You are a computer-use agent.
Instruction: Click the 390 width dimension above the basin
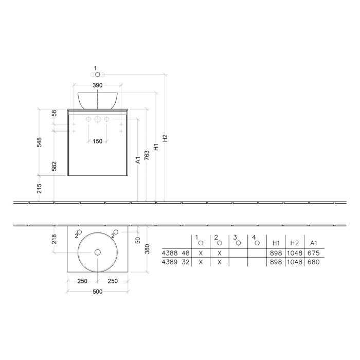click(x=98, y=85)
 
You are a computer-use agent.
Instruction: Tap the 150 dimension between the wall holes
click(x=98, y=141)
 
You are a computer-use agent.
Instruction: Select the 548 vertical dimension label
click(x=39, y=142)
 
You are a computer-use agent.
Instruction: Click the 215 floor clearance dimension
click(x=39, y=188)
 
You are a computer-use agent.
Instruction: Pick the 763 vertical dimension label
click(x=147, y=154)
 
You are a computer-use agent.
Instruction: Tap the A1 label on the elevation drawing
click(x=138, y=160)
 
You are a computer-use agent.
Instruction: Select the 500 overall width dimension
click(x=98, y=292)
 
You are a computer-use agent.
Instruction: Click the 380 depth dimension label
click(x=147, y=249)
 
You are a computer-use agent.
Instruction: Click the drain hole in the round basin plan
click(x=98, y=252)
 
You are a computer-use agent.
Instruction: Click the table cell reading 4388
click(x=169, y=253)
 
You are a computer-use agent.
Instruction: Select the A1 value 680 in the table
click(x=313, y=262)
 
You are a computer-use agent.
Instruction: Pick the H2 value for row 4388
click(x=294, y=253)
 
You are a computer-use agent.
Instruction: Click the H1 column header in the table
click(x=276, y=242)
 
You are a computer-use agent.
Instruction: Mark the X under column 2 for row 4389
click(x=220, y=262)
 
